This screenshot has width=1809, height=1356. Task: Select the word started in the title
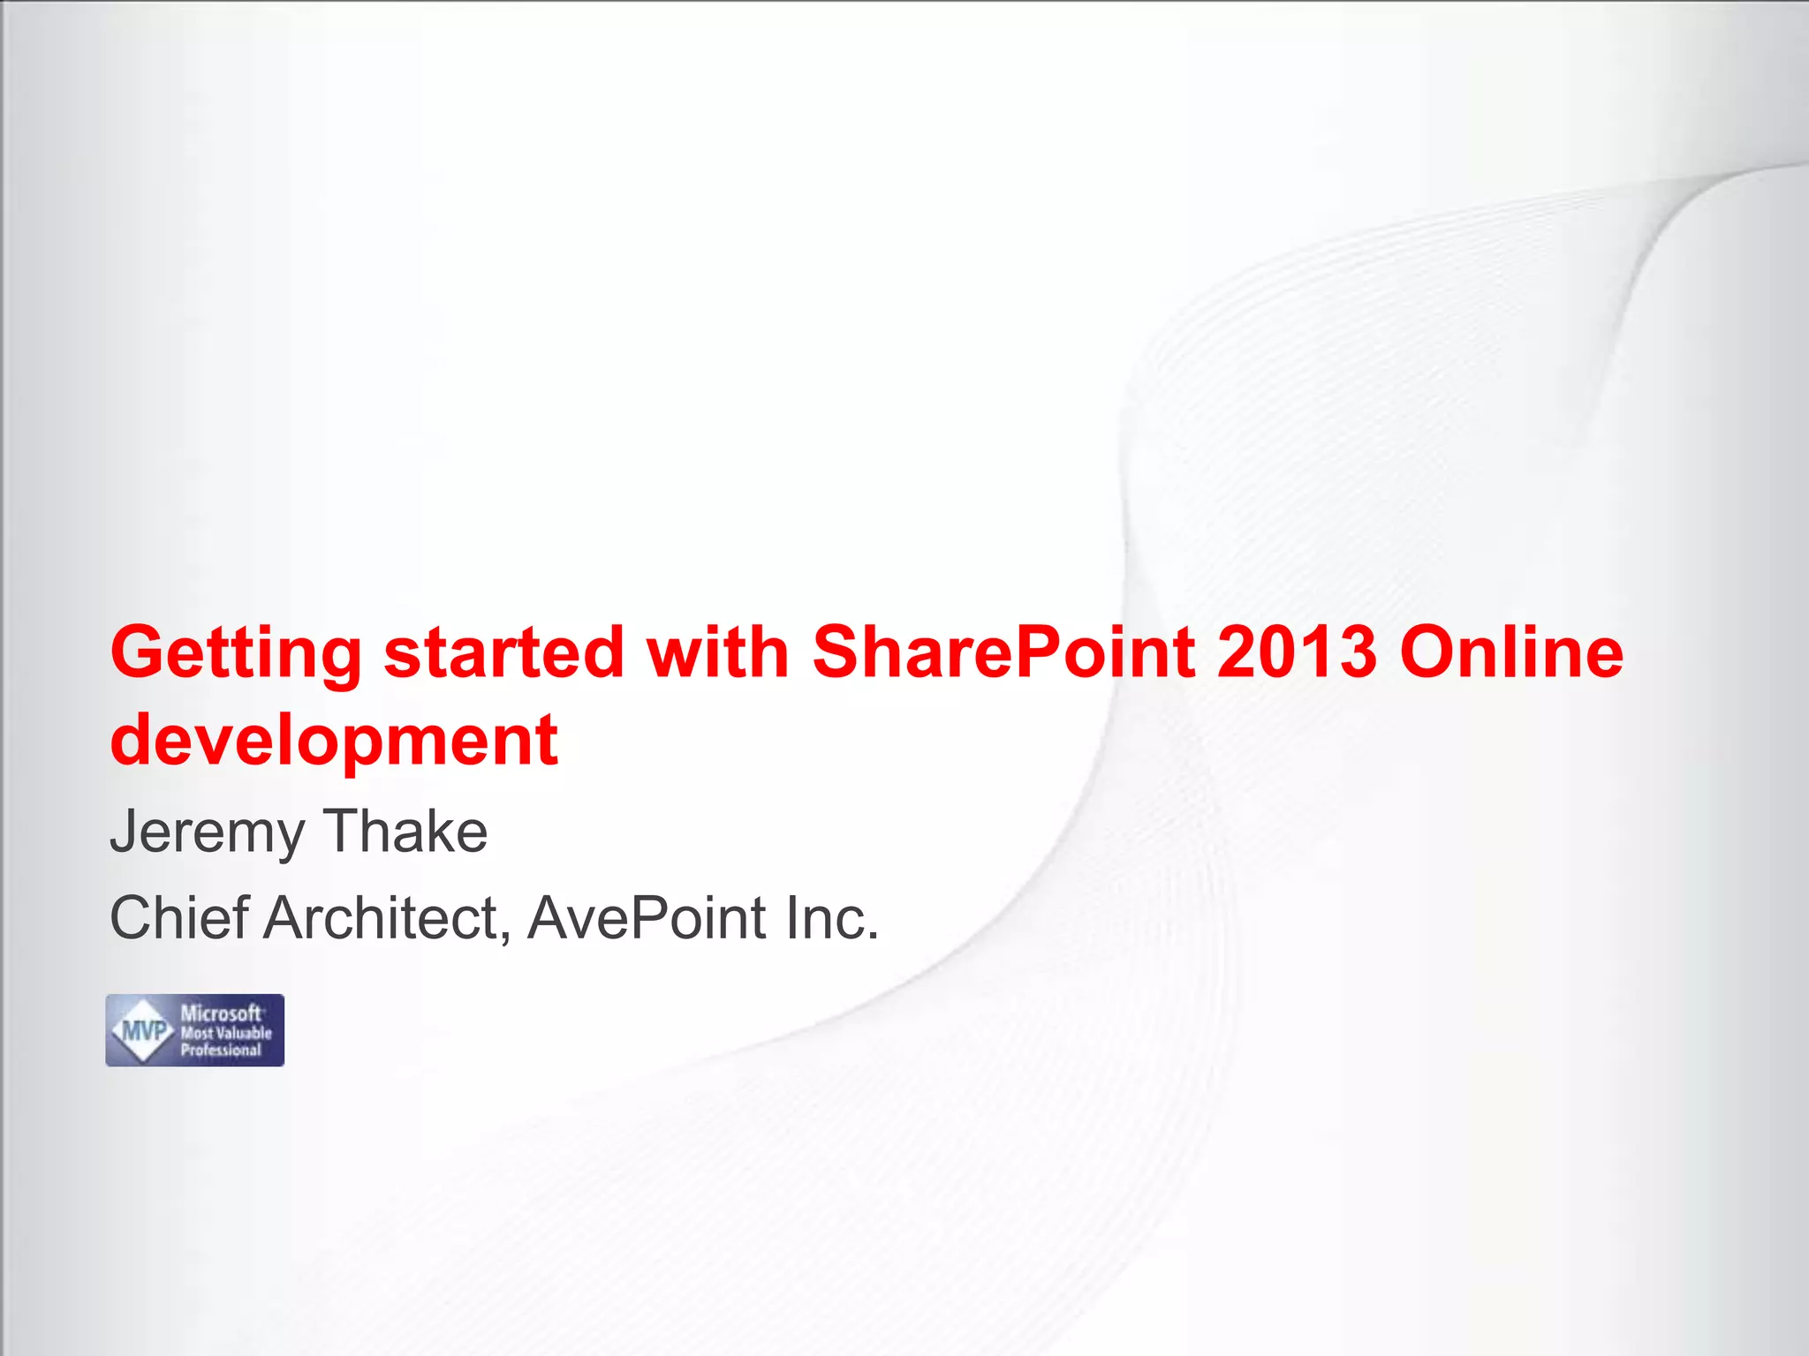503,652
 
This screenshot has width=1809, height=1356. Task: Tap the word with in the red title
717,652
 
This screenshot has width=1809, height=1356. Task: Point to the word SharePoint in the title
1003,652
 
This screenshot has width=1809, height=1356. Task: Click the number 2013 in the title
1296,652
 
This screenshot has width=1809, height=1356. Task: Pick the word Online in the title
1511,652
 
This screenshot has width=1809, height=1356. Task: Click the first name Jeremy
207,833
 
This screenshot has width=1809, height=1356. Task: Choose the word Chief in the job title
179,918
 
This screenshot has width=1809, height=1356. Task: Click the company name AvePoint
647,918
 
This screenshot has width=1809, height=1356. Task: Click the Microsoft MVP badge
195,1030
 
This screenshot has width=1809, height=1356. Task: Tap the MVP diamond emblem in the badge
144,1030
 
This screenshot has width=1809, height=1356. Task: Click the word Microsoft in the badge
221,1013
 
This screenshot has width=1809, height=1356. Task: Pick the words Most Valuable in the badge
226,1033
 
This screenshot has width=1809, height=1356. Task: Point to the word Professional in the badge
221,1051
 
